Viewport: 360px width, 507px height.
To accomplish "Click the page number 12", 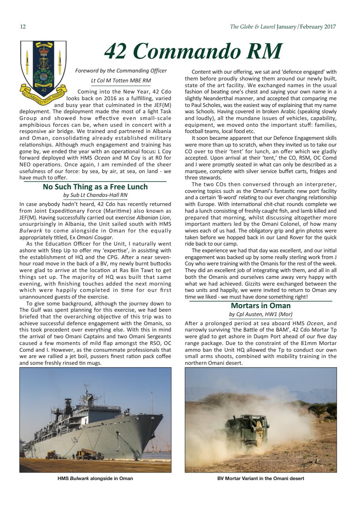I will tap(23, 27).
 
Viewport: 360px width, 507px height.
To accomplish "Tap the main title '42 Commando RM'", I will tap(193, 51).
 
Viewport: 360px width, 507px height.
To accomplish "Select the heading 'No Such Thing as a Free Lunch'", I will tap(95, 187).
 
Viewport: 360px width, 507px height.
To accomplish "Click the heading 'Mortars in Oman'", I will tap(260, 305).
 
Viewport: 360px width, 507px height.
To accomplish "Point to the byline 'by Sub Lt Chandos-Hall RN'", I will tap(95, 195).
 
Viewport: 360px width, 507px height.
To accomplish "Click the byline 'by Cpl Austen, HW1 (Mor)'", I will tap(260, 314).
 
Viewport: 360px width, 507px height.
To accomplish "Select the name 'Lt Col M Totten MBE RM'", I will tap(121, 80).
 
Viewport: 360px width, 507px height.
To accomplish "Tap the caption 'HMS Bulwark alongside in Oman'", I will tap(95, 478).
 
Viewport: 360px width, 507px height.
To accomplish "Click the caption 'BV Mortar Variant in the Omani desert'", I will tap(260, 478).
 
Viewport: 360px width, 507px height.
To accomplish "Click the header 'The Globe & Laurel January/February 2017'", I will tap(283, 27).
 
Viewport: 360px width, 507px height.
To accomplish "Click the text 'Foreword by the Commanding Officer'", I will tap(121, 71).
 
